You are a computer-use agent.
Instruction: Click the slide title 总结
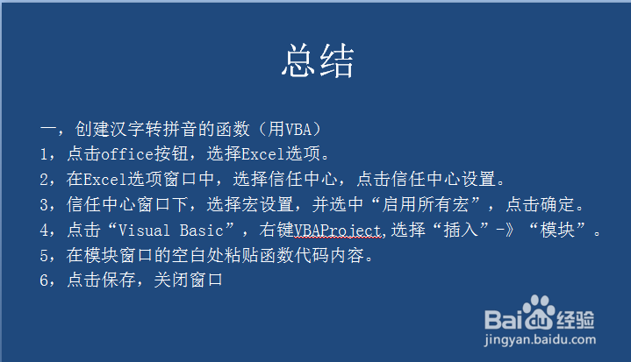(x=318, y=60)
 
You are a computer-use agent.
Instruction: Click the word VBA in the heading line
(x=298, y=130)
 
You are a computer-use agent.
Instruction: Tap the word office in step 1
(x=127, y=154)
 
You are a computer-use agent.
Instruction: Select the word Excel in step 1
(x=262, y=154)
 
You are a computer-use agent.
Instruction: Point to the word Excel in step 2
(x=105, y=179)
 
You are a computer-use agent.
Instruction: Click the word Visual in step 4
(x=144, y=231)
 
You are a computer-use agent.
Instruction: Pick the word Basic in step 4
(x=202, y=231)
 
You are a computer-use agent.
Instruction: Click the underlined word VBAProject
(x=337, y=231)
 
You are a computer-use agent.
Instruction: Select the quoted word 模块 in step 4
(x=557, y=231)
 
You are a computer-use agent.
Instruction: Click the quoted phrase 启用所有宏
(x=425, y=204)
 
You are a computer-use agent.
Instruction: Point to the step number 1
(x=44, y=154)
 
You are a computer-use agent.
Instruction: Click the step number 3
(x=44, y=205)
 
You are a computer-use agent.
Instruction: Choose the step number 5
(x=44, y=256)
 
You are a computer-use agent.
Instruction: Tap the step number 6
(x=44, y=280)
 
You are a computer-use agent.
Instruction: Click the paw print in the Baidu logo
(x=539, y=312)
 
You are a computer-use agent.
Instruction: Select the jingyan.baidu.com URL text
(x=540, y=339)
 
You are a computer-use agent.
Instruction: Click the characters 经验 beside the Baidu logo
(x=576, y=320)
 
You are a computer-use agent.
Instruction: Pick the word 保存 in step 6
(x=118, y=280)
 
